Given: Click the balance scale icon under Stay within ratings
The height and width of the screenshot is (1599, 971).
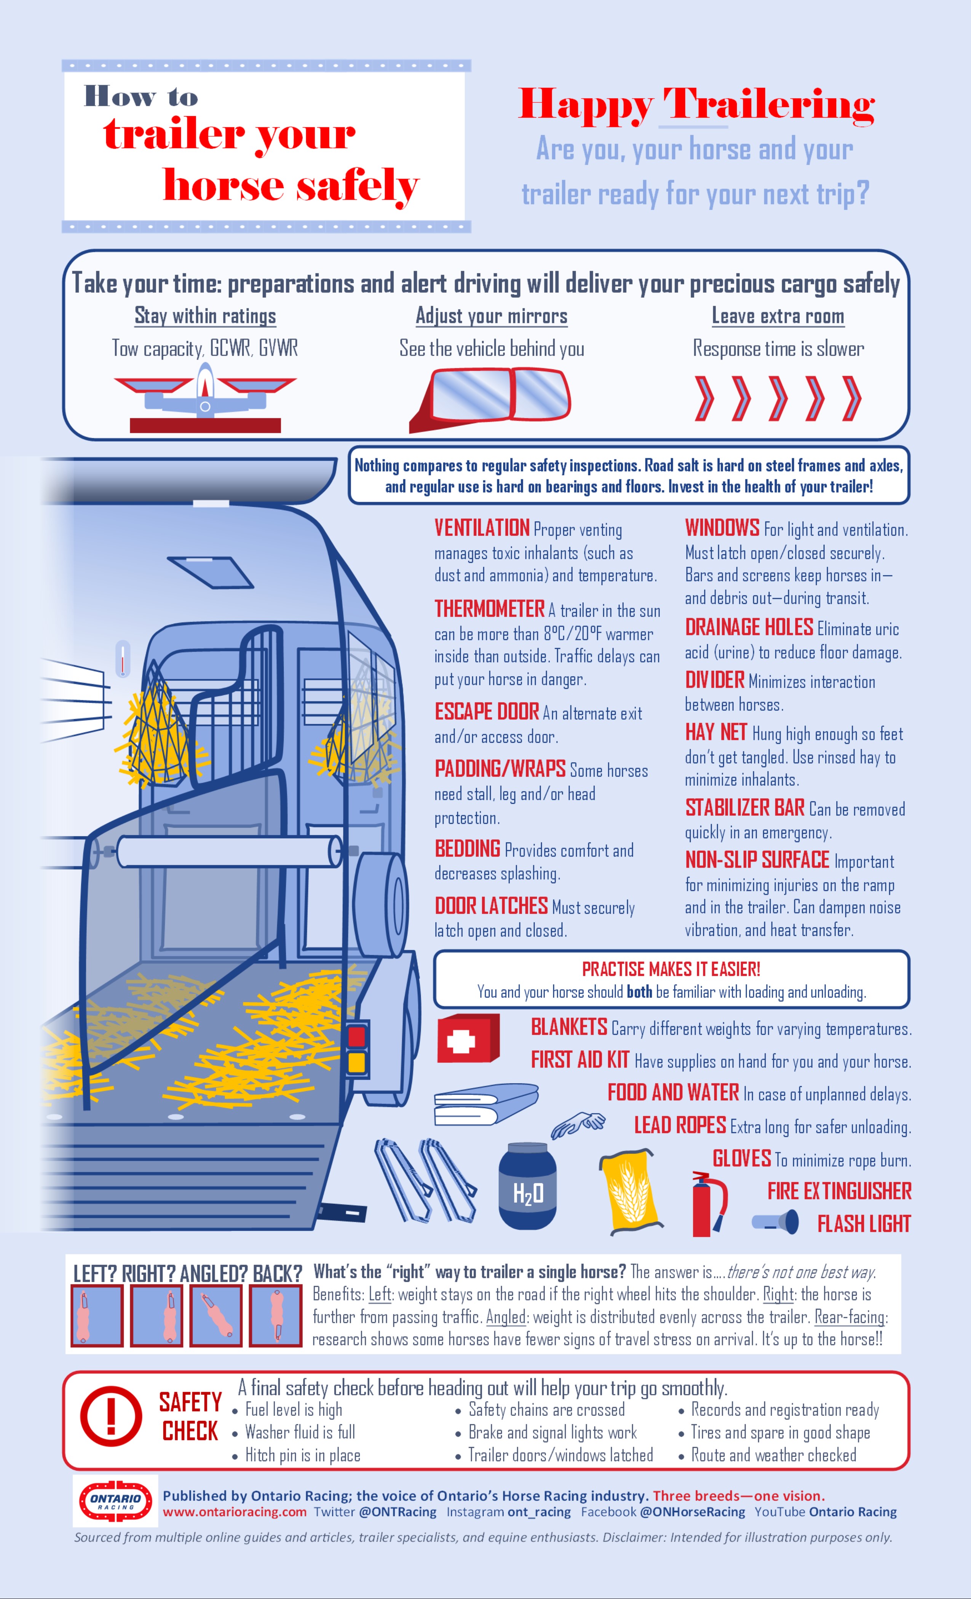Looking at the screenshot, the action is [x=205, y=397].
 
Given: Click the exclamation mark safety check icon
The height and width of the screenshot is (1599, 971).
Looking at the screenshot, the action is [x=111, y=1417].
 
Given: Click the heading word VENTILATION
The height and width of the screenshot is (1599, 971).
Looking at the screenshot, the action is [x=482, y=528].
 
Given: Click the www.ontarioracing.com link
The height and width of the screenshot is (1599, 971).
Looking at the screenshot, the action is [x=234, y=1512].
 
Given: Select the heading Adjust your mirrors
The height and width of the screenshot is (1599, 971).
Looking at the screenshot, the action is [x=491, y=316].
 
